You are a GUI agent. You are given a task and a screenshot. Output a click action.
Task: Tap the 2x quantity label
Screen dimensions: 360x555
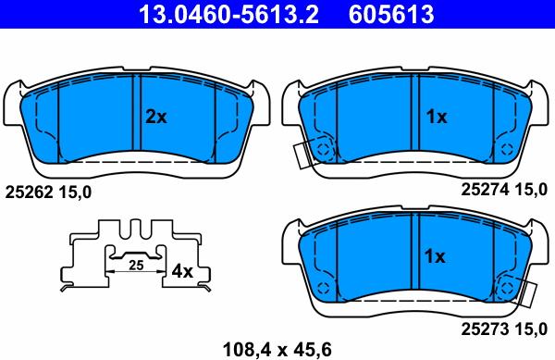[155, 118]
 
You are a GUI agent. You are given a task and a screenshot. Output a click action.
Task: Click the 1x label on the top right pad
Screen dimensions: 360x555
[436, 118]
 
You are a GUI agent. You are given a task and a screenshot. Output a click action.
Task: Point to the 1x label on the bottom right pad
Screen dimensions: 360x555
[436, 256]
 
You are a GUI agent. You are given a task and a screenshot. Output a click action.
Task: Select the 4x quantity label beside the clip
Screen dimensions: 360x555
[182, 272]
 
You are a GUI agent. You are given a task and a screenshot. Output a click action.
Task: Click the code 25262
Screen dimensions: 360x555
[25, 192]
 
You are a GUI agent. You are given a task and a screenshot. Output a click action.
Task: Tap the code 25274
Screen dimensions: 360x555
[483, 189]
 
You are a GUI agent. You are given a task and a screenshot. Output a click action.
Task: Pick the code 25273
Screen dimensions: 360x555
[483, 328]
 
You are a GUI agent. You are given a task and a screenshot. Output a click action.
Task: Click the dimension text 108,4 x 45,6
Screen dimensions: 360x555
[277, 349]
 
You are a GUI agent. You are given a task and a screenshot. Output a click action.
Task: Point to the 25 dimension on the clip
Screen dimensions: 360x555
[135, 266]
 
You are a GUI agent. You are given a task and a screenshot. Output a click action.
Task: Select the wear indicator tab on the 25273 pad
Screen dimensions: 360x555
[530, 294]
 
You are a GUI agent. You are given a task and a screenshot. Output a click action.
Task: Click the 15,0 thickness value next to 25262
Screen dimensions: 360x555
[78, 192]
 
